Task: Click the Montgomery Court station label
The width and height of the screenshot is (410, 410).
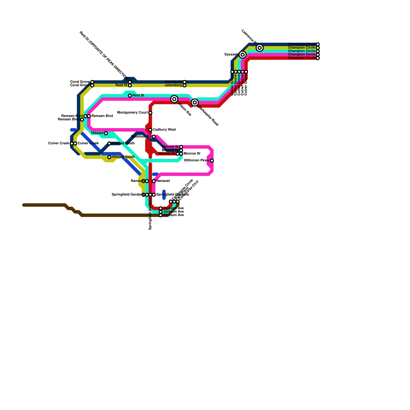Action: coord(132,113)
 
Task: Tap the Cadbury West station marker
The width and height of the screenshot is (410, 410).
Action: coord(150,130)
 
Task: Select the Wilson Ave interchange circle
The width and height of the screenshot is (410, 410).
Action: coord(174,99)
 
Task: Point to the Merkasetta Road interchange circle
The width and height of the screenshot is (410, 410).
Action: coord(195,102)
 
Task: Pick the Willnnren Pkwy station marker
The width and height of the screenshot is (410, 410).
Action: coord(212,161)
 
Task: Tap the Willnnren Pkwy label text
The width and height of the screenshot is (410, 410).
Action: coord(197,161)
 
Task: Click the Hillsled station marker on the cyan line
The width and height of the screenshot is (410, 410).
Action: coord(106,133)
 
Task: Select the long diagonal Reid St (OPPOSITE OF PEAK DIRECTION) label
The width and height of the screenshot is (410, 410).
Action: coord(104,55)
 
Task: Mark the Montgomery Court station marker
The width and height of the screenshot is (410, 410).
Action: coord(150,113)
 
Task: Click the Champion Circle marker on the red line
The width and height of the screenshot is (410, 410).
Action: coord(318,58)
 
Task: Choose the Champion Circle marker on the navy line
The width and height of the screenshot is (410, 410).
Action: coord(318,44)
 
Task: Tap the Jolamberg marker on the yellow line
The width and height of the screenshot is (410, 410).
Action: coord(184,85)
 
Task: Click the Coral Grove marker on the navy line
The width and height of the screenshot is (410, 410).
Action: coord(92,82)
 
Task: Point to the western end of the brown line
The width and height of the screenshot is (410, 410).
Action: coord(24,205)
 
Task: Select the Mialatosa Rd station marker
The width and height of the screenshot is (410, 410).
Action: coord(154,137)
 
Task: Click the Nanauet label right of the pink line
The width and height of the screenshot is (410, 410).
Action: coord(163,181)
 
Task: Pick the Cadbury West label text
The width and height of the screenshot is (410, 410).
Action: coord(164,130)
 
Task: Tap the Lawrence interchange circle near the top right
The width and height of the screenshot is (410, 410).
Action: coord(260,48)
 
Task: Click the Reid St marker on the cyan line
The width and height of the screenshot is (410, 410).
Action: coord(130,96)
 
